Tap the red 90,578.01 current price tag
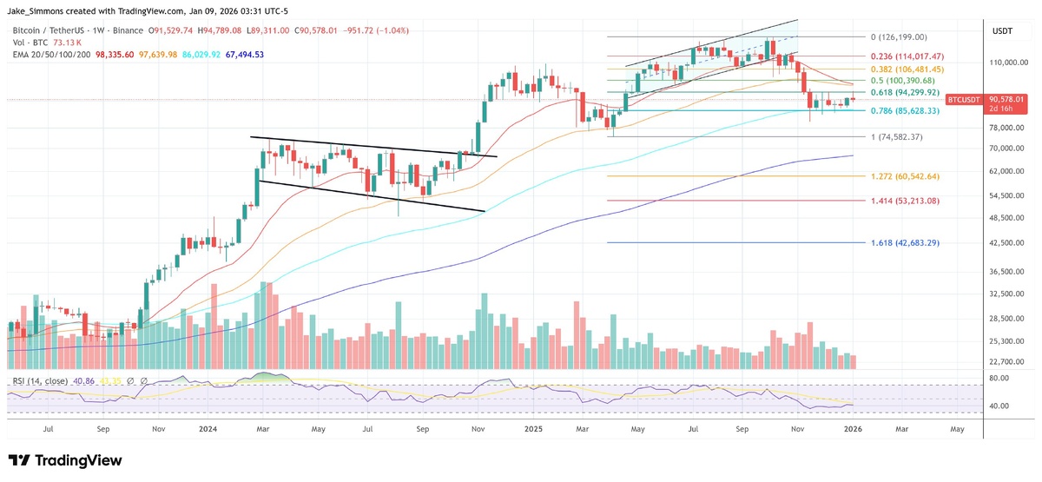coord(1005,100)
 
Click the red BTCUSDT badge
coord(963,100)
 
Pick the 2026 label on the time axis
coord(854,428)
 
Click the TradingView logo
coord(65,460)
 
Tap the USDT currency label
coord(1003,31)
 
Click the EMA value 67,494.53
coord(241,55)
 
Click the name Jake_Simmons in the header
coord(40,10)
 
